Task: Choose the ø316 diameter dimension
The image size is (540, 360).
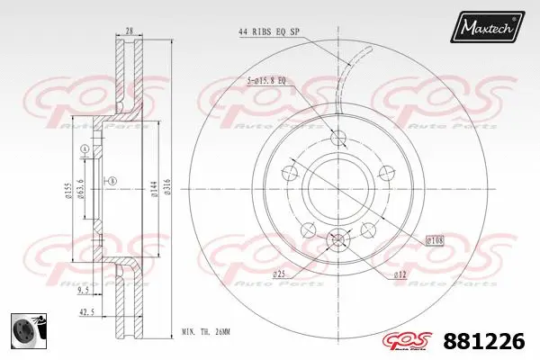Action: pyautogui.click(x=167, y=186)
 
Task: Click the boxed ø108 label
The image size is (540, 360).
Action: pyautogui.click(x=435, y=240)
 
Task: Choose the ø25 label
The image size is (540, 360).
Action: pyautogui.click(x=280, y=273)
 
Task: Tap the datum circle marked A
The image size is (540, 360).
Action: pyautogui.click(x=85, y=148)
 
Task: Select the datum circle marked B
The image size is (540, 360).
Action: pyautogui.click(x=112, y=183)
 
